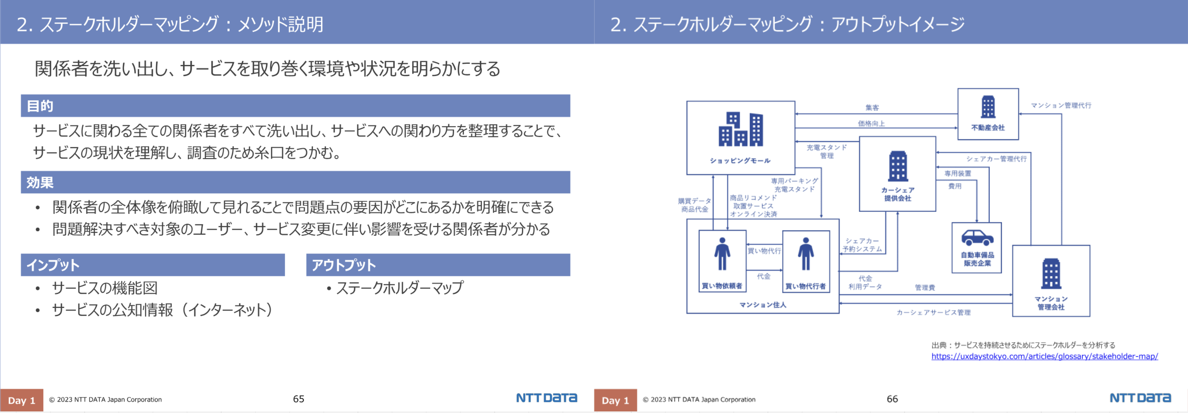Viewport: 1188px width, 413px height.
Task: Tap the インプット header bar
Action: pos(153,265)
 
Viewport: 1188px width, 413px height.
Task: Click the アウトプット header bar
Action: pos(438,265)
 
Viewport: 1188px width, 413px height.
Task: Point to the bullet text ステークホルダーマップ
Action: pos(400,288)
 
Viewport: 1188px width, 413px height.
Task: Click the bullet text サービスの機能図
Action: pos(105,288)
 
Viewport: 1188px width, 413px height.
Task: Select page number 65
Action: pos(298,399)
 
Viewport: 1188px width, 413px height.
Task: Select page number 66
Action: pos(892,399)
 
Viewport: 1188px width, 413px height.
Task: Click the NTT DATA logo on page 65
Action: pos(546,398)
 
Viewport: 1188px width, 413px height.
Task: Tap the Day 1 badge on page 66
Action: pos(615,400)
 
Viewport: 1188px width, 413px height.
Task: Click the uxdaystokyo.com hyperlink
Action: pos(1044,356)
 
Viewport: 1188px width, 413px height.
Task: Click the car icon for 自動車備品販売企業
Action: pos(977,238)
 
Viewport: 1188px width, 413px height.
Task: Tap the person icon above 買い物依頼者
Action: pos(722,254)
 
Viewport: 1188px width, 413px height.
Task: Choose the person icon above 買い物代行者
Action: pos(806,254)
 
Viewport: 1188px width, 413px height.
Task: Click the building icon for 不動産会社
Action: pos(988,107)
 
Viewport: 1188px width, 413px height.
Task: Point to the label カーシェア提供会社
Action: pos(897,194)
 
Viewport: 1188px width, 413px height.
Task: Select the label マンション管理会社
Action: pos(1051,303)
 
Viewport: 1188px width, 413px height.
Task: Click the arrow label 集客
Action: pos(872,107)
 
